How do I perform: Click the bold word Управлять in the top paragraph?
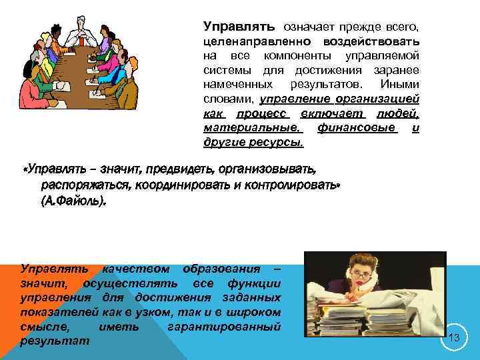[239, 27]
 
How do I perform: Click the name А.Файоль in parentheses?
[73, 201]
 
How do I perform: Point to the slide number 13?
[455, 338]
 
